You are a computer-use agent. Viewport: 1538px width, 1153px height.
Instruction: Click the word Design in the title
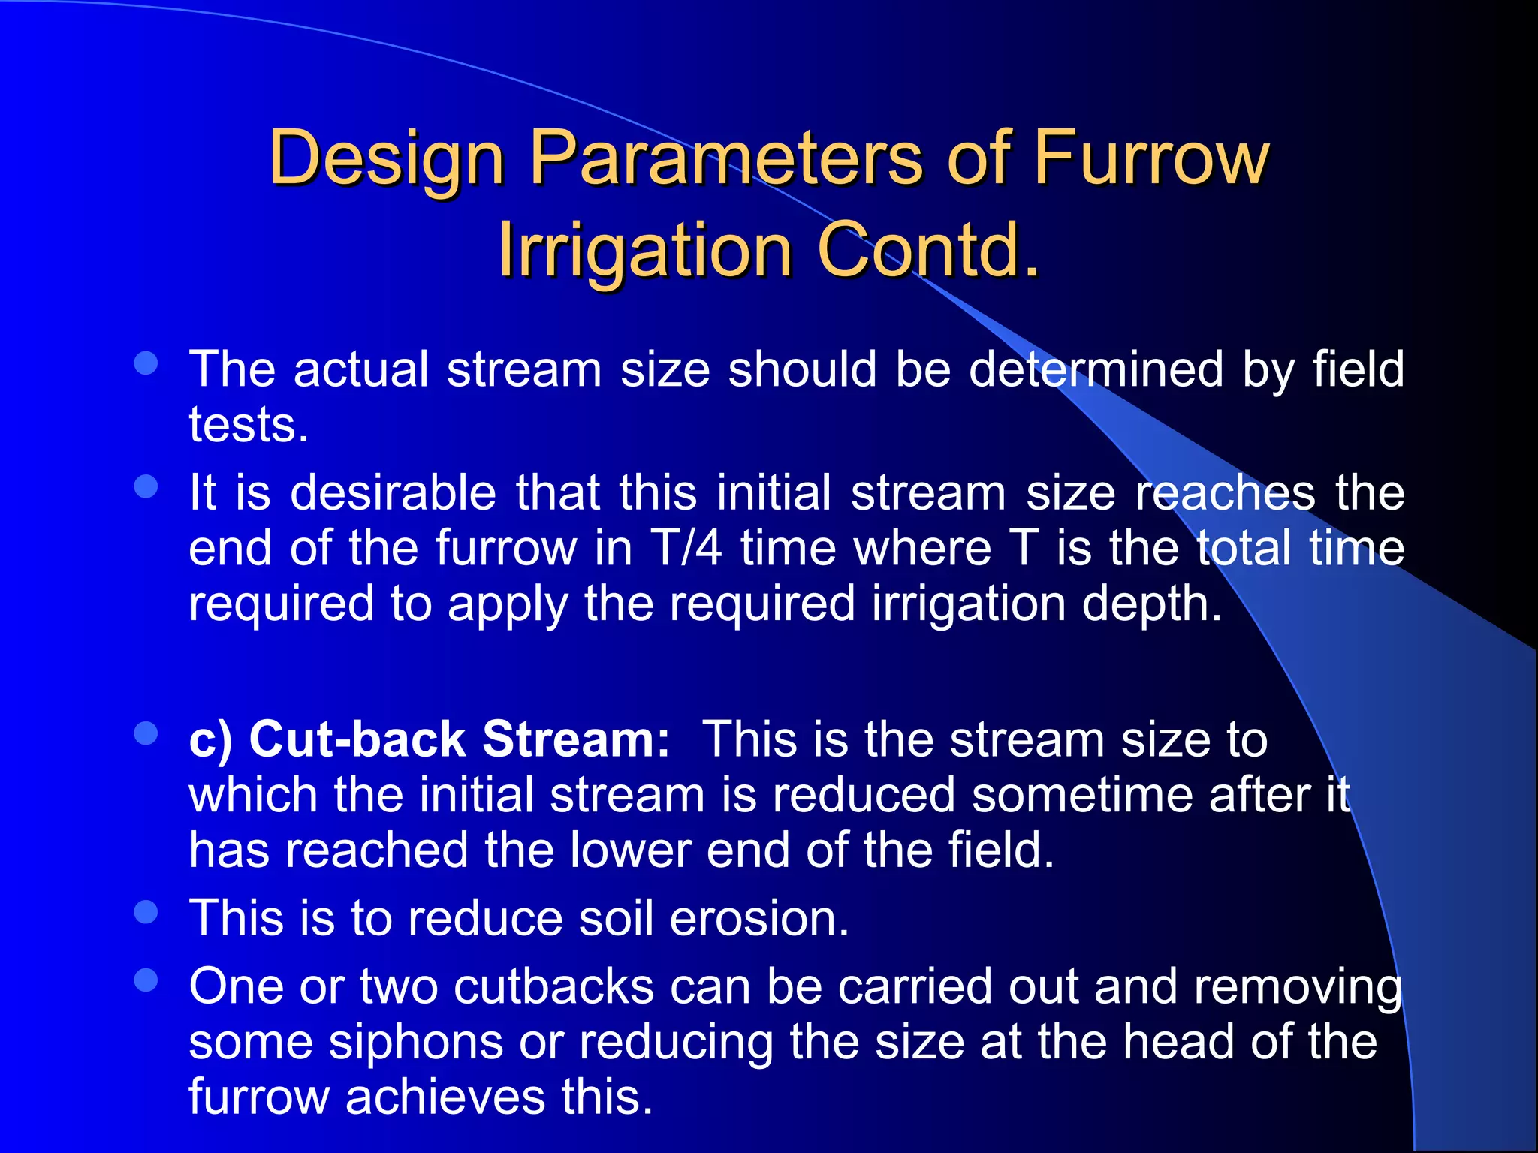pyautogui.click(x=386, y=158)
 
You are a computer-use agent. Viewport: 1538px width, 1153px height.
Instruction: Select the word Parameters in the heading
pyautogui.click(x=725, y=158)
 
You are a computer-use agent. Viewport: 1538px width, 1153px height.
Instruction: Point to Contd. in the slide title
pyautogui.click(x=928, y=249)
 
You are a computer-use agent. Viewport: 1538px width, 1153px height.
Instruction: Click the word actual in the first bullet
pyautogui.click(x=361, y=369)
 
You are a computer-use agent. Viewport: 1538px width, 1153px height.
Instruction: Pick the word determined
pyautogui.click(x=1096, y=369)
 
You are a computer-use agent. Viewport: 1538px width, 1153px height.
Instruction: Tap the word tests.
pyautogui.click(x=249, y=425)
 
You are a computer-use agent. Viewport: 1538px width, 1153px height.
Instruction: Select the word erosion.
pyautogui.click(x=758, y=918)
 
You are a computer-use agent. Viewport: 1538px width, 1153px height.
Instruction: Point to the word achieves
pyautogui.click(x=445, y=1097)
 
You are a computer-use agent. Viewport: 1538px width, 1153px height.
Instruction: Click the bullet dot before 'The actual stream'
pyautogui.click(x=146, y=363)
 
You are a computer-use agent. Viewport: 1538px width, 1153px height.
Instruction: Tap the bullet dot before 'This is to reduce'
pyautogui.click(x=146, y=912)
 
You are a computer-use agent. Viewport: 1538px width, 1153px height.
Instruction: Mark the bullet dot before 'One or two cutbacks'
pyautogui.click(x=146, y=980)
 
